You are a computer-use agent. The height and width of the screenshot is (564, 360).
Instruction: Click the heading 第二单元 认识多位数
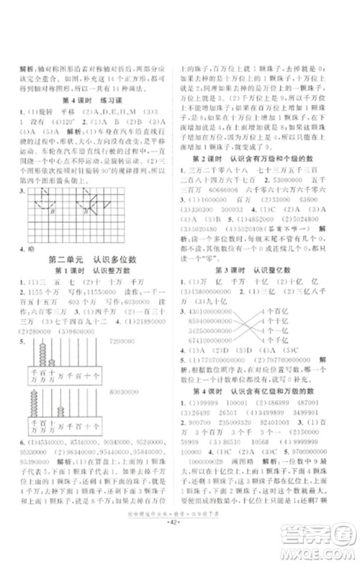(91, 256)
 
